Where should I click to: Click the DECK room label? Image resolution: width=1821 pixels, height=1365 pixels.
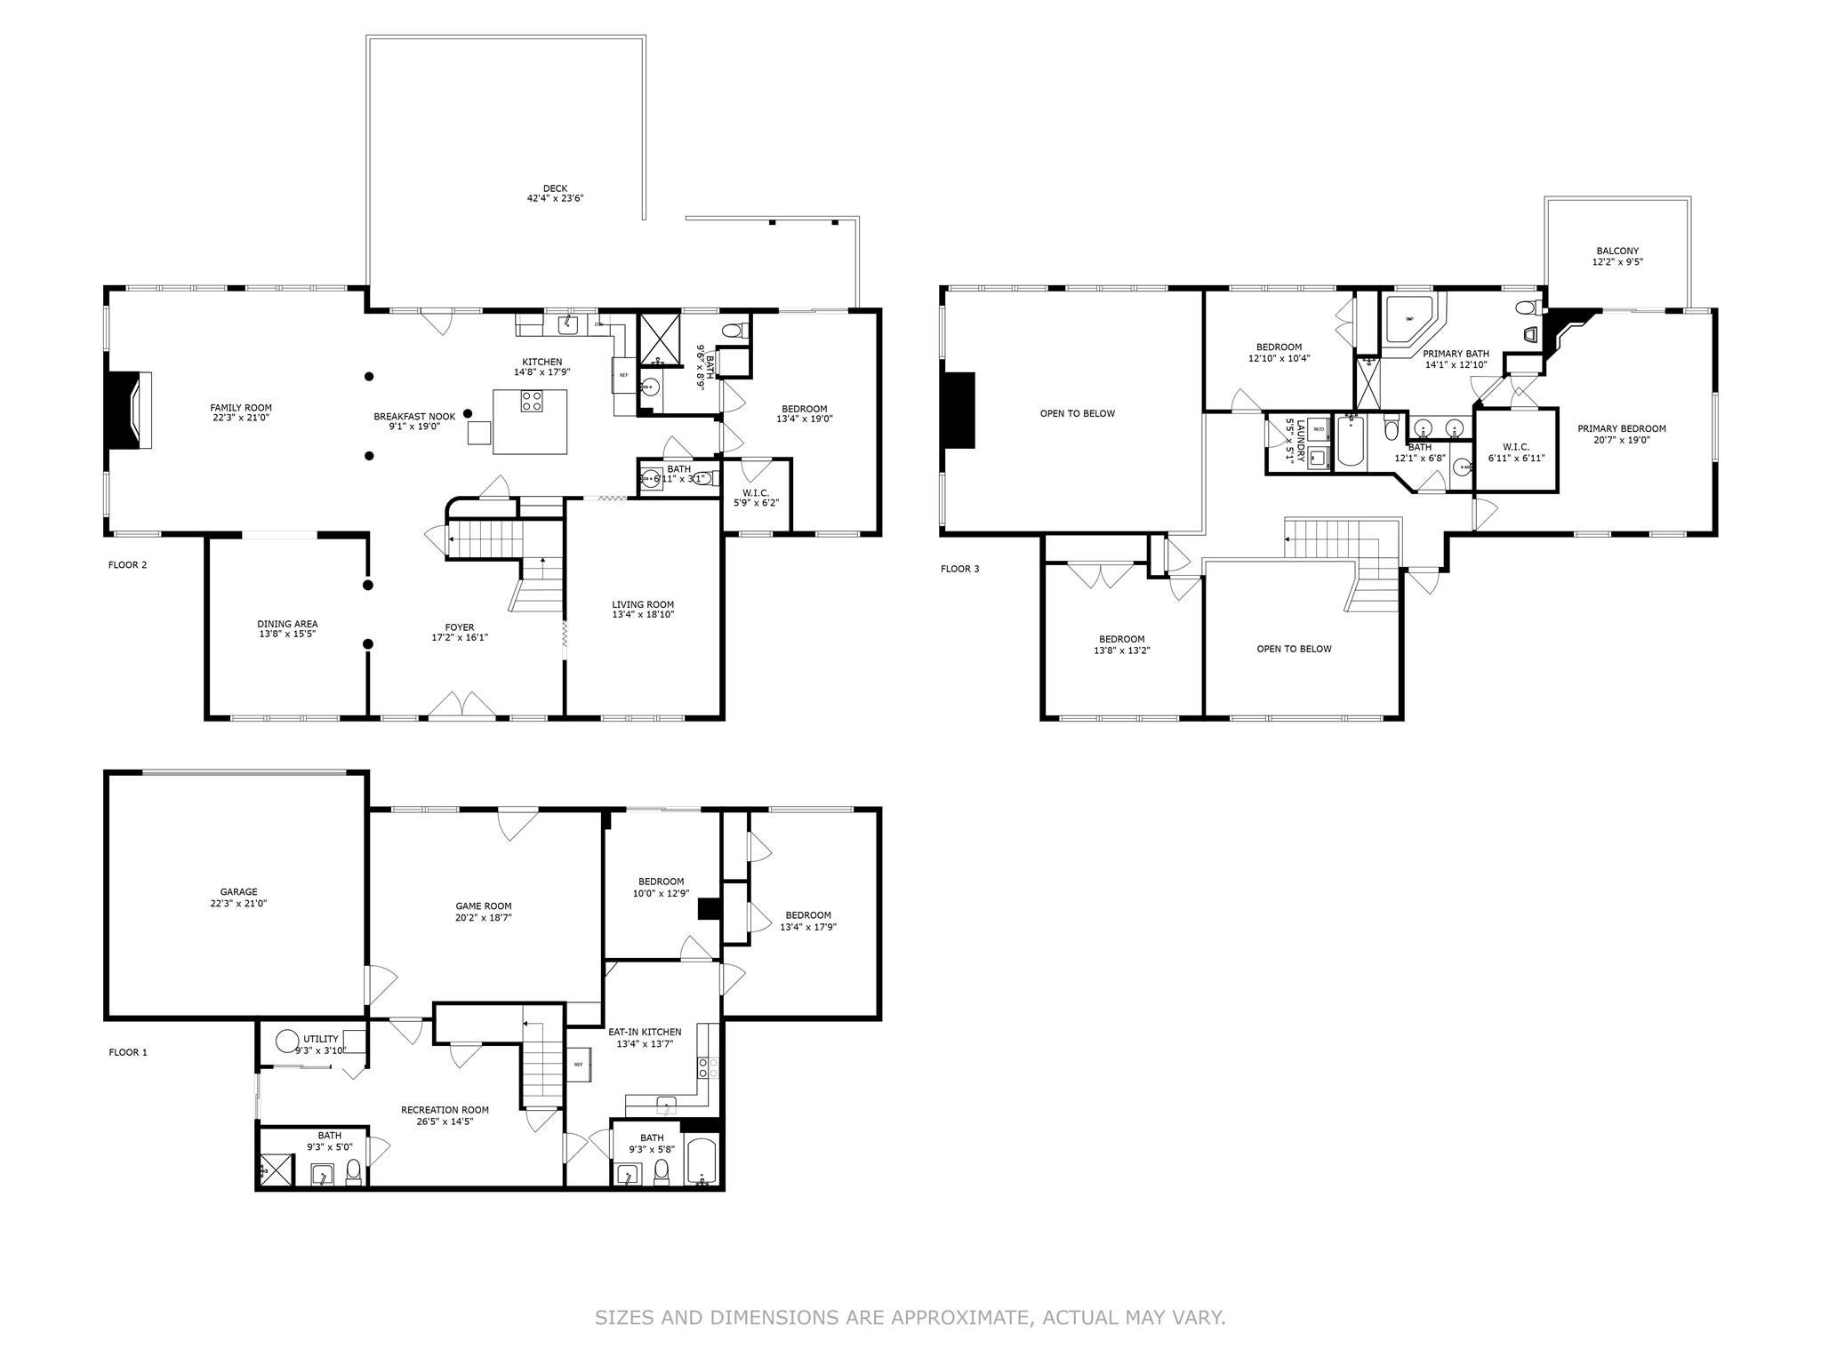(x=555, y=188)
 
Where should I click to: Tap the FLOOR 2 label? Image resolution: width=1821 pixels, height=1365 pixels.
(x=127, y=565)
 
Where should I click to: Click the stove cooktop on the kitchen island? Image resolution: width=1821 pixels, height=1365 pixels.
(x=532, y=402)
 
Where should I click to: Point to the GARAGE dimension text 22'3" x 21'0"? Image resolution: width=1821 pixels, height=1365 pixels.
(x=238, y=903)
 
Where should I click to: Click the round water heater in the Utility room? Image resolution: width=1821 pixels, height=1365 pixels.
(x=286, y=1041)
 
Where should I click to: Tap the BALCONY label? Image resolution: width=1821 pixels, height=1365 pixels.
(x=1616, y=251)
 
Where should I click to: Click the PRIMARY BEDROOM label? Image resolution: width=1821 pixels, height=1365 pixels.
(x=1622, y=428)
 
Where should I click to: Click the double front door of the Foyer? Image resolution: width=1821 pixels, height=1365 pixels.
(x=461, y=706)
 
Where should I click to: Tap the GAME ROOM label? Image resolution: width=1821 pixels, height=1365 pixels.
(x=484, y=906)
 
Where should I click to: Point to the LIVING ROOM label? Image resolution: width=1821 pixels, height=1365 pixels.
(x=642, y=604)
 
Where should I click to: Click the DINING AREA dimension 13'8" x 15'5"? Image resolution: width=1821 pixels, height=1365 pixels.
(x=287, y=635)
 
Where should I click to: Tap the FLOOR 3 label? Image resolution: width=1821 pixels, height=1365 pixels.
(x=959, y=569)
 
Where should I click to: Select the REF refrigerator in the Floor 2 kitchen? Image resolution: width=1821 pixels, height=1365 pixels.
(x=623, y=376)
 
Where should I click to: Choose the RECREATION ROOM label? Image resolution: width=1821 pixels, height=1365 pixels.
(x=445, y=1110)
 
